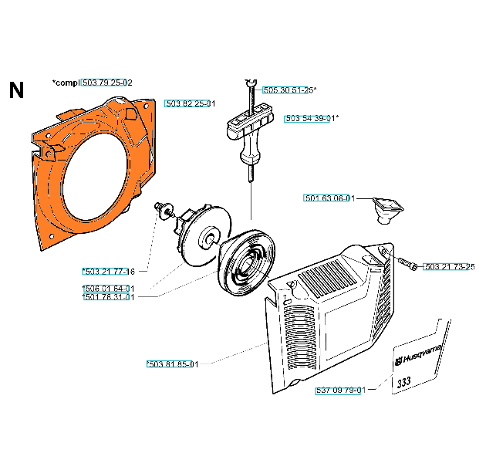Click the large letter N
tap(16, 91)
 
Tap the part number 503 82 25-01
tap(189, 103)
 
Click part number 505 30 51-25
tap(287, 90)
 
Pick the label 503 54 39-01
tap(310, 118)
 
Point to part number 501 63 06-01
tap(329, 198)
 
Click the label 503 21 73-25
tap(449, 266)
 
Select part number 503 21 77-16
tap(109, 272)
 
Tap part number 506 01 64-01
tap(109, 289)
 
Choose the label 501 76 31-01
tap(109, 297)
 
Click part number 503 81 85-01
tap(172, 364)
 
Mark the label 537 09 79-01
tap(340, 390)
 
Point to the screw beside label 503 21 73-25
tap(407, 265)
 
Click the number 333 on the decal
tap(404, 381)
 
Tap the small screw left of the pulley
tap(162, 208)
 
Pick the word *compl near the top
tap(65, 83)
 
